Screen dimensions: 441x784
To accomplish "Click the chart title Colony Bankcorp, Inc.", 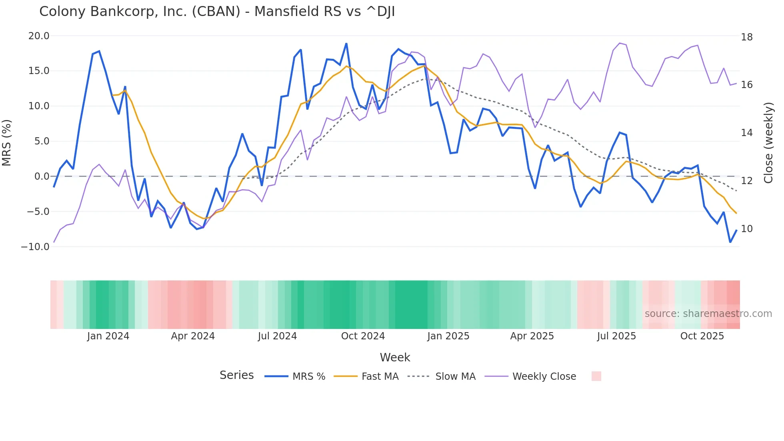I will coord(217,12).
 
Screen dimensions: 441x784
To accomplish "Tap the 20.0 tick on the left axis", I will coord(39,36).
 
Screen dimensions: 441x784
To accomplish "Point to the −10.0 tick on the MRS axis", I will coord(35,247).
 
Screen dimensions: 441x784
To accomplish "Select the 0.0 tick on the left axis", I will coord(42,176).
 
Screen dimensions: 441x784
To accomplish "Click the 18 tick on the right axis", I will coord(746,37).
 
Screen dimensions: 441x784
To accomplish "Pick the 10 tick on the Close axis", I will coord(746,229).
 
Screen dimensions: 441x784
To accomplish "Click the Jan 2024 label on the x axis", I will coord(108,336).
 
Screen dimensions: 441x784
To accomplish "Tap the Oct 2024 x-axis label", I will coord(363,336).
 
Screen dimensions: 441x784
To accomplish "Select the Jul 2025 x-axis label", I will coord(616,336).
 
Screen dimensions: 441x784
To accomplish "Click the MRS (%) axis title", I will coord(7,142).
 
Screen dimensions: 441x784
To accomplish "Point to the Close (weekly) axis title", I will coord(768,143).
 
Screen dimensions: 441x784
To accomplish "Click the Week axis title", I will coord(395,357).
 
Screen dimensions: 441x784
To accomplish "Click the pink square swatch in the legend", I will coord(596,376).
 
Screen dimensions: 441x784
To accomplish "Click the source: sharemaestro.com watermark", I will coord(708,314).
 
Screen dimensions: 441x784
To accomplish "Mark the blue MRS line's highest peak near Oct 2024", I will coord(346,44).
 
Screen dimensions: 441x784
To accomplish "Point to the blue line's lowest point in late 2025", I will coord(730,242).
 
